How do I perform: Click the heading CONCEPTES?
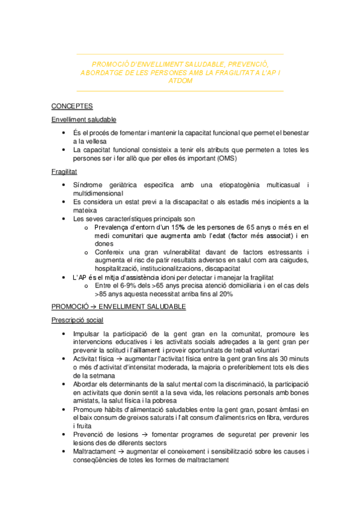tap(72, 106)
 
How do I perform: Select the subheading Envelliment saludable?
tap(84, 120)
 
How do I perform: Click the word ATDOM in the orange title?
tap(181, 81)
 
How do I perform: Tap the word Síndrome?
tap(87, 185)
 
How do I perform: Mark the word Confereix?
tap(111, 252)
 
